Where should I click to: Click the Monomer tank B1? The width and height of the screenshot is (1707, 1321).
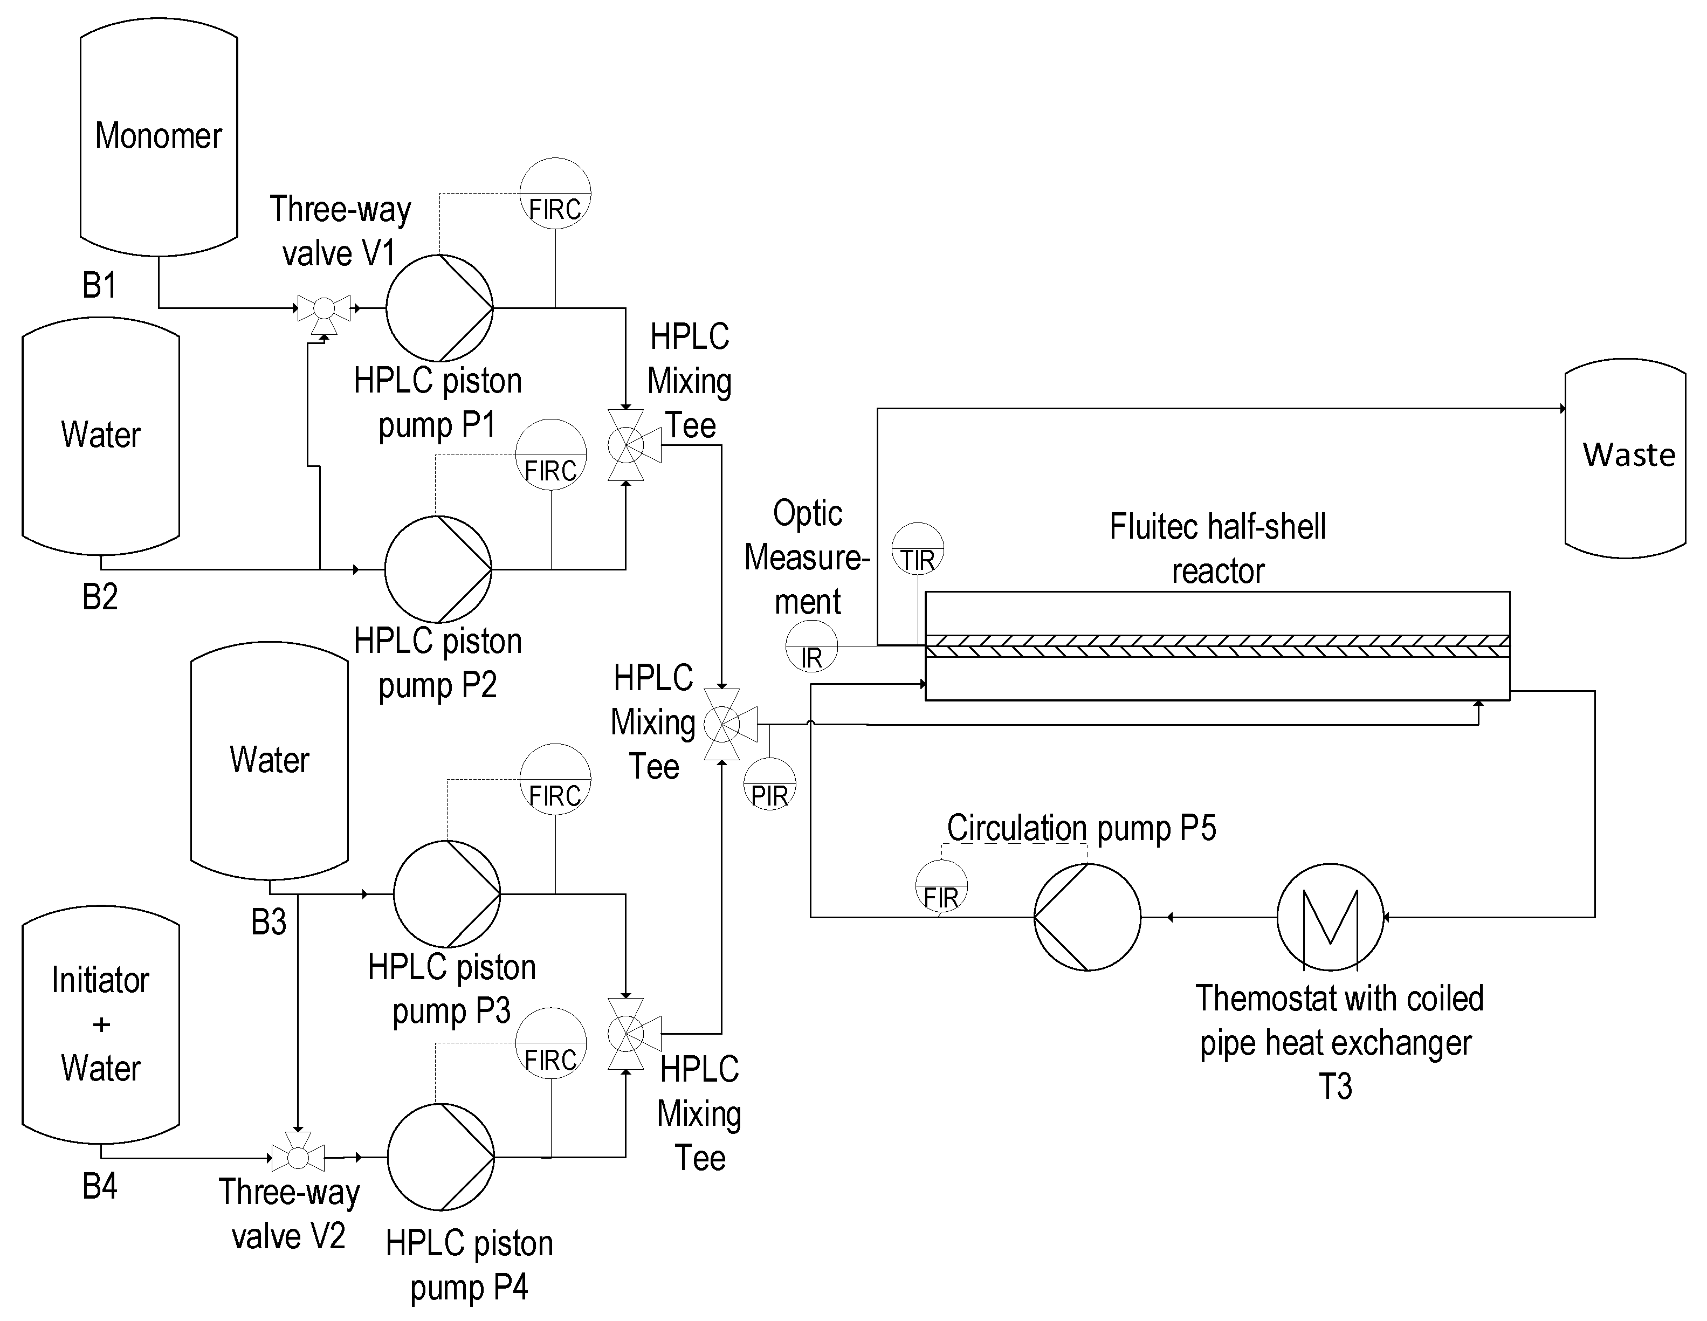coord(159,137)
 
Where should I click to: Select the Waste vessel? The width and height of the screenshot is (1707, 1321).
coord(1625,458)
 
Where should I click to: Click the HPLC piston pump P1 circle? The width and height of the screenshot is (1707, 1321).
coord(439,308)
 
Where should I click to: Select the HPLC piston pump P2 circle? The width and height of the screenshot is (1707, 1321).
coord(438,569)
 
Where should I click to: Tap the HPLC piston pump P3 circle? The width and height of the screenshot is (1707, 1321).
coord(446,894)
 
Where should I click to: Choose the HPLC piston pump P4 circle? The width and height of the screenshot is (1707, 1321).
coord(441,1157)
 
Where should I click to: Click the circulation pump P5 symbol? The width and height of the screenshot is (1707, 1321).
coord(1087,917)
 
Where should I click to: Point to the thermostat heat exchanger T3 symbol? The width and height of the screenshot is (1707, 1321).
coord(1330,917)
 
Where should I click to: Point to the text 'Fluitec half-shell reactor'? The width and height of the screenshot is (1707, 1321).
coord(1218,549)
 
